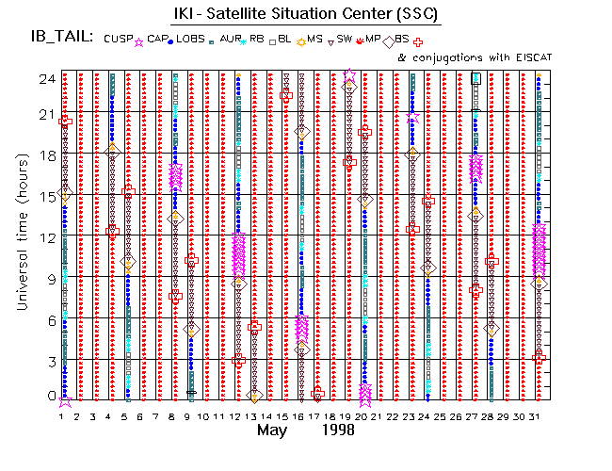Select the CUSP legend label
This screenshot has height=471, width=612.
coord(119,39)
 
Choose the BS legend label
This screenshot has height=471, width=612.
coord(402,39)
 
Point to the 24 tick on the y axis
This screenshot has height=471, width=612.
coord(45,79)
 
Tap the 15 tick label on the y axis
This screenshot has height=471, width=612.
coord(45,195)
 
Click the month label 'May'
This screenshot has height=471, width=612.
coord(274,430)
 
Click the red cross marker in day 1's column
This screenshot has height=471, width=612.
coord(65,121)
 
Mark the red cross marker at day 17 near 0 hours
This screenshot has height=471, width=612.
coord(317,394)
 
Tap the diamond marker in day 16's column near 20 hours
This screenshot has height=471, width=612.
coord(302,133)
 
